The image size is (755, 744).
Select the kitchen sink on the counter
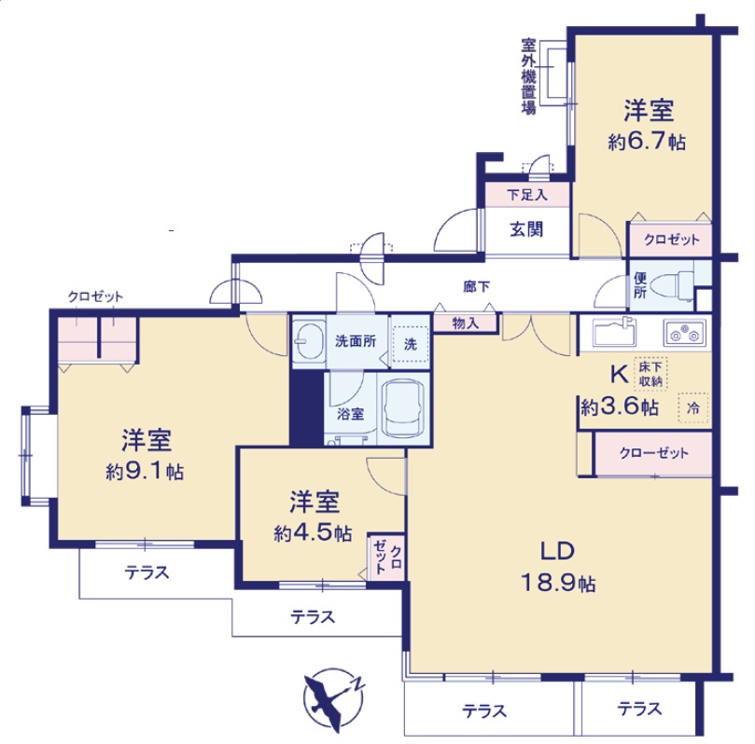[x=614, y=331]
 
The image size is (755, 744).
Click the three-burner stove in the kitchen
[x=686, y=332]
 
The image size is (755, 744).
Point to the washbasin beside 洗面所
[x=308, y=340]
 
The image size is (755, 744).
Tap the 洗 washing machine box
[x=411, y=344]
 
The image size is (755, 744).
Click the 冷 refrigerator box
[x=692, y=408]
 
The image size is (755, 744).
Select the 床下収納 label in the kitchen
[x=650, y=374]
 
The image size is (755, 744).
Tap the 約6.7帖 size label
[x=647, y=142]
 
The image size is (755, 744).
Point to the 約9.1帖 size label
[x=145, y=472]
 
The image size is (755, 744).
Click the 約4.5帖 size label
[x=313, y=533]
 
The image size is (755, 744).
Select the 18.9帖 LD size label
[x=558, y=584]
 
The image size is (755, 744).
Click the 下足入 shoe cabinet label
[x=526, y=195]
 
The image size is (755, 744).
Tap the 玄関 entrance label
[x=526, y=229]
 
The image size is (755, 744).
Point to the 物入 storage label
[x=465, y=324]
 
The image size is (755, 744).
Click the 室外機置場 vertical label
[x=529, y=76]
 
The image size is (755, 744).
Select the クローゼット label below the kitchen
[x=653, y=453]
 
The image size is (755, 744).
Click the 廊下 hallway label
[x=477, y=287]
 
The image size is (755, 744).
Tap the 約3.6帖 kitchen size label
[x=620, y=407]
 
